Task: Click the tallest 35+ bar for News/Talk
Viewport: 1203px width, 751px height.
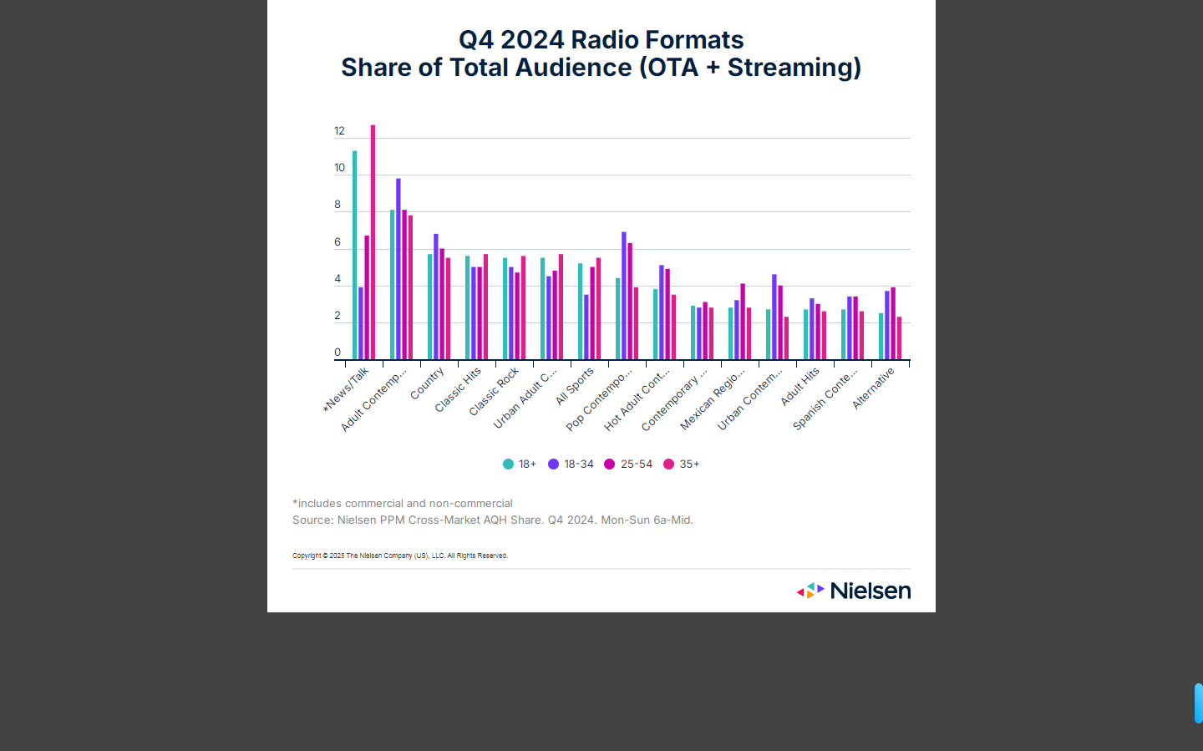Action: pyautogui.click(x=373, y=242)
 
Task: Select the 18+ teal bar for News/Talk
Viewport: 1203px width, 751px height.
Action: pyautogui.click(x=354, y=255)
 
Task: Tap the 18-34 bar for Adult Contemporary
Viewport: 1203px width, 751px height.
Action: pyautogui.click(x=398, y=269)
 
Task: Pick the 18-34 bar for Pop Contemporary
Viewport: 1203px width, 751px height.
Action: pyautogui.click(x=624, y=296)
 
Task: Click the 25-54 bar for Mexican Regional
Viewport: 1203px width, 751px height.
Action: pyautogui.click(x=743, y=322)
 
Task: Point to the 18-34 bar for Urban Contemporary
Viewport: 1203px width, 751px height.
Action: pyautogui.click(x=774, y=317)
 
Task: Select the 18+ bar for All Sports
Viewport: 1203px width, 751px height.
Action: pyautogui.click(x=580, y=312)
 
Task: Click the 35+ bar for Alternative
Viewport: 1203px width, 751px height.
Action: pyautogui.click(x=899, y=338)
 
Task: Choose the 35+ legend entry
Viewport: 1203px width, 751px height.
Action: pyautogui.click(x=682, y=464)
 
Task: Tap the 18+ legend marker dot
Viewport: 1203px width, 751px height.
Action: pyautogui.click(x=508, y=464)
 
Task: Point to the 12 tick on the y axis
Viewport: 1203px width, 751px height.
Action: pyautogui.click(x=339, y=131)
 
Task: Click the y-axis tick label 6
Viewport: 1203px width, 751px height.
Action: pyautogui.click(x=338, y=242)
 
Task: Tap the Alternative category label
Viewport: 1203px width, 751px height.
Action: pyautogui.click(x=873, y=388)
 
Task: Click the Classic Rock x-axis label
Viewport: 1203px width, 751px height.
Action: pyautogui.click(x=494, y=391)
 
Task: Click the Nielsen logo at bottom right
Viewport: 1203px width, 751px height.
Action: pyautogui.click(x=854, y=591)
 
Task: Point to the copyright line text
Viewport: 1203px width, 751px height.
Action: pyautogui.click(x=399, y=556)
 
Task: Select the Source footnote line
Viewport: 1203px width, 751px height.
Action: pyautogui.click(x=492, y=520)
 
